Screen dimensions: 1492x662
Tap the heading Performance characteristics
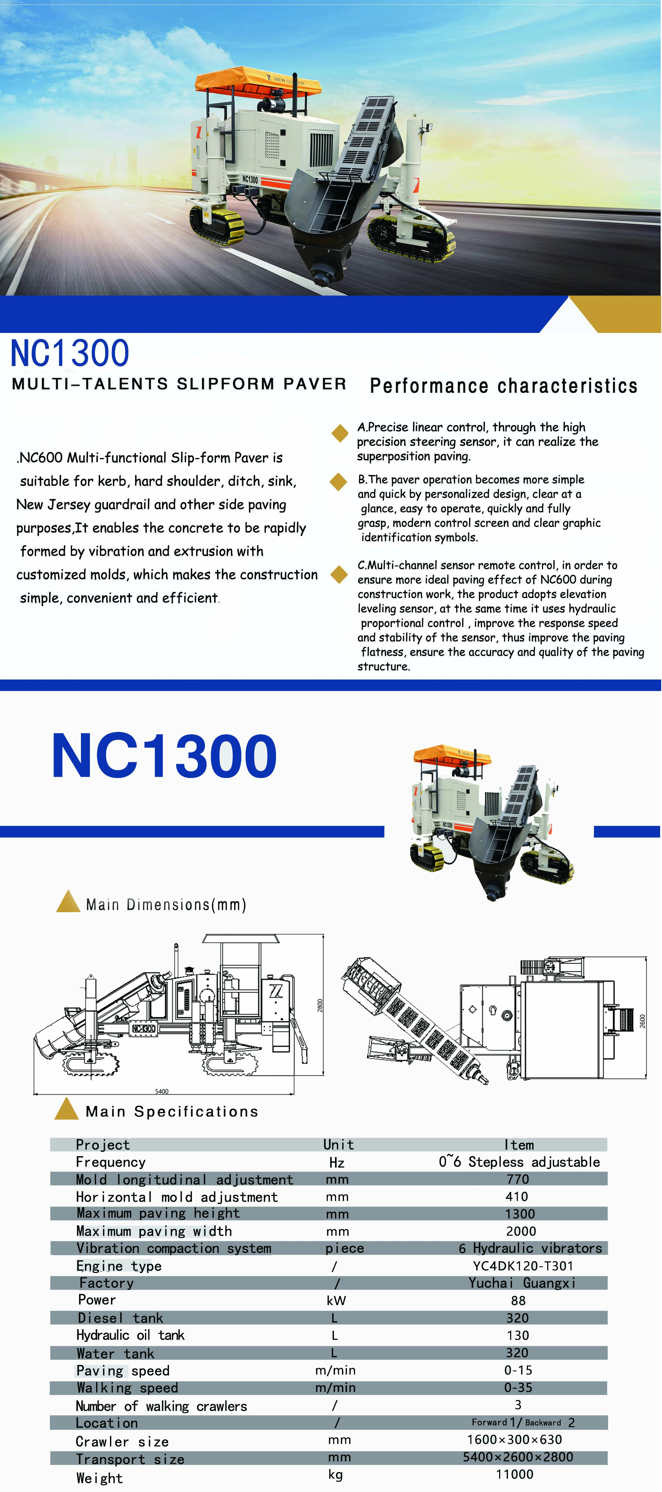click(503, 386)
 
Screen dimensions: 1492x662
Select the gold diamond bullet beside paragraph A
click(339, 433)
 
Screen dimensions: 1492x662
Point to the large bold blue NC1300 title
click(164, 756)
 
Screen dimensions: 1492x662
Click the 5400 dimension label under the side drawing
click(161, 1091)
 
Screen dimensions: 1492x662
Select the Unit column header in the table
click(338, 1144)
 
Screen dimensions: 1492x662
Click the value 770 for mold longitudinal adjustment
click(517, 1179)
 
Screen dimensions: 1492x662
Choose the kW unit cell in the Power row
click(336, 1300)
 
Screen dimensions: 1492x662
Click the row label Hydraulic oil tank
click(130, 1335)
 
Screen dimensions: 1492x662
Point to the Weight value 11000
click(514, 1474)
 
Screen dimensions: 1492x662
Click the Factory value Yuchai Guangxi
click(522, 1283)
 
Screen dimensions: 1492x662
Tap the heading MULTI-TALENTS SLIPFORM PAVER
click(179, 384)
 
